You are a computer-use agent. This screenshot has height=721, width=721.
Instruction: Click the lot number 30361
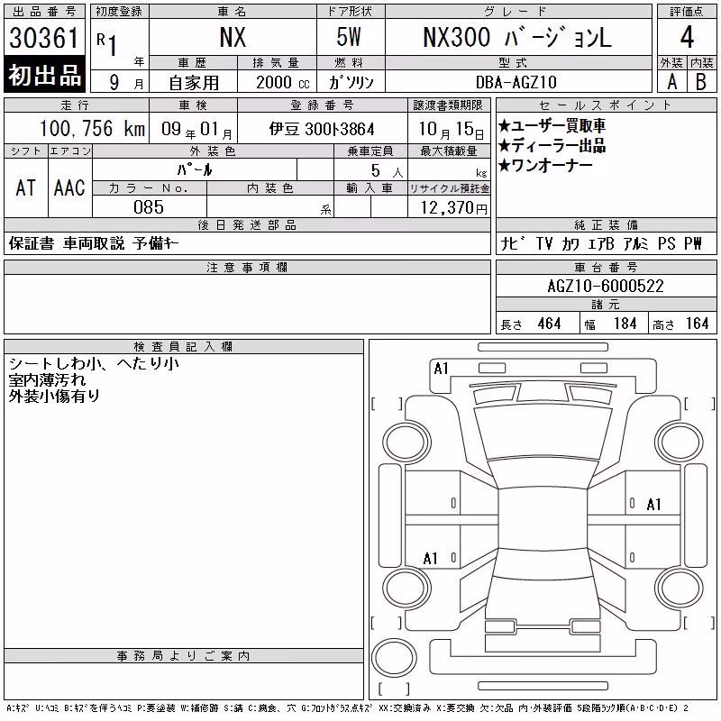click(44, 37)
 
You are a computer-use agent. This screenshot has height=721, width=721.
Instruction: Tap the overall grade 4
click(687, 37)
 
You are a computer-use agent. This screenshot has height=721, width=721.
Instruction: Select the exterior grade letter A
click(671, 82)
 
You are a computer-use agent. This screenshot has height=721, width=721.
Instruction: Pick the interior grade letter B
click(701, 82)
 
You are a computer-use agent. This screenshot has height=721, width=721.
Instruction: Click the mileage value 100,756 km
click(92, 128)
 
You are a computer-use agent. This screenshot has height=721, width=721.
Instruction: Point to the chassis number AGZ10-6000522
click(606, 286)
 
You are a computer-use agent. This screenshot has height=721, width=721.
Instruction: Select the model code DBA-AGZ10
click(516, 82)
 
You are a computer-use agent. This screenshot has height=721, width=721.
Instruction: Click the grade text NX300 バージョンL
click(517, 37)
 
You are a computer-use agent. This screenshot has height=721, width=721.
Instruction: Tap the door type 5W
click(349, 37)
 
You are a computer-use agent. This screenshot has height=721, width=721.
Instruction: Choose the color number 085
click(149, 207)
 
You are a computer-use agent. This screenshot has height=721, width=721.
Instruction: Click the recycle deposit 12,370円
click(453, 208)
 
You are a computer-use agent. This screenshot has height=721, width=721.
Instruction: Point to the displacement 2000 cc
click(283, 82)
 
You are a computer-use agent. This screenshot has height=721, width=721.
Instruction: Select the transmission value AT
click(25, 187)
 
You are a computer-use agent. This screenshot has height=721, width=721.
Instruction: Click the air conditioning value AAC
click(69, 187)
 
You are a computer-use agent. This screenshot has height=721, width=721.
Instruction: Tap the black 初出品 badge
click(44, 75)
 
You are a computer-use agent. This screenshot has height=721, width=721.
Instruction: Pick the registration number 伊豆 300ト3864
click(322, 129)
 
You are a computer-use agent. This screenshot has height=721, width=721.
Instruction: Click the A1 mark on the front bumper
click(441, 369)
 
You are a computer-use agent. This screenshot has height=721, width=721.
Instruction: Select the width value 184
click(625, 324)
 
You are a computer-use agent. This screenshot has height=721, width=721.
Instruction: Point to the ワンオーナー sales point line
click(545, 165)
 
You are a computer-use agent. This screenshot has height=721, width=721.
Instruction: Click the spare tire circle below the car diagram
click(394, 658)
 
